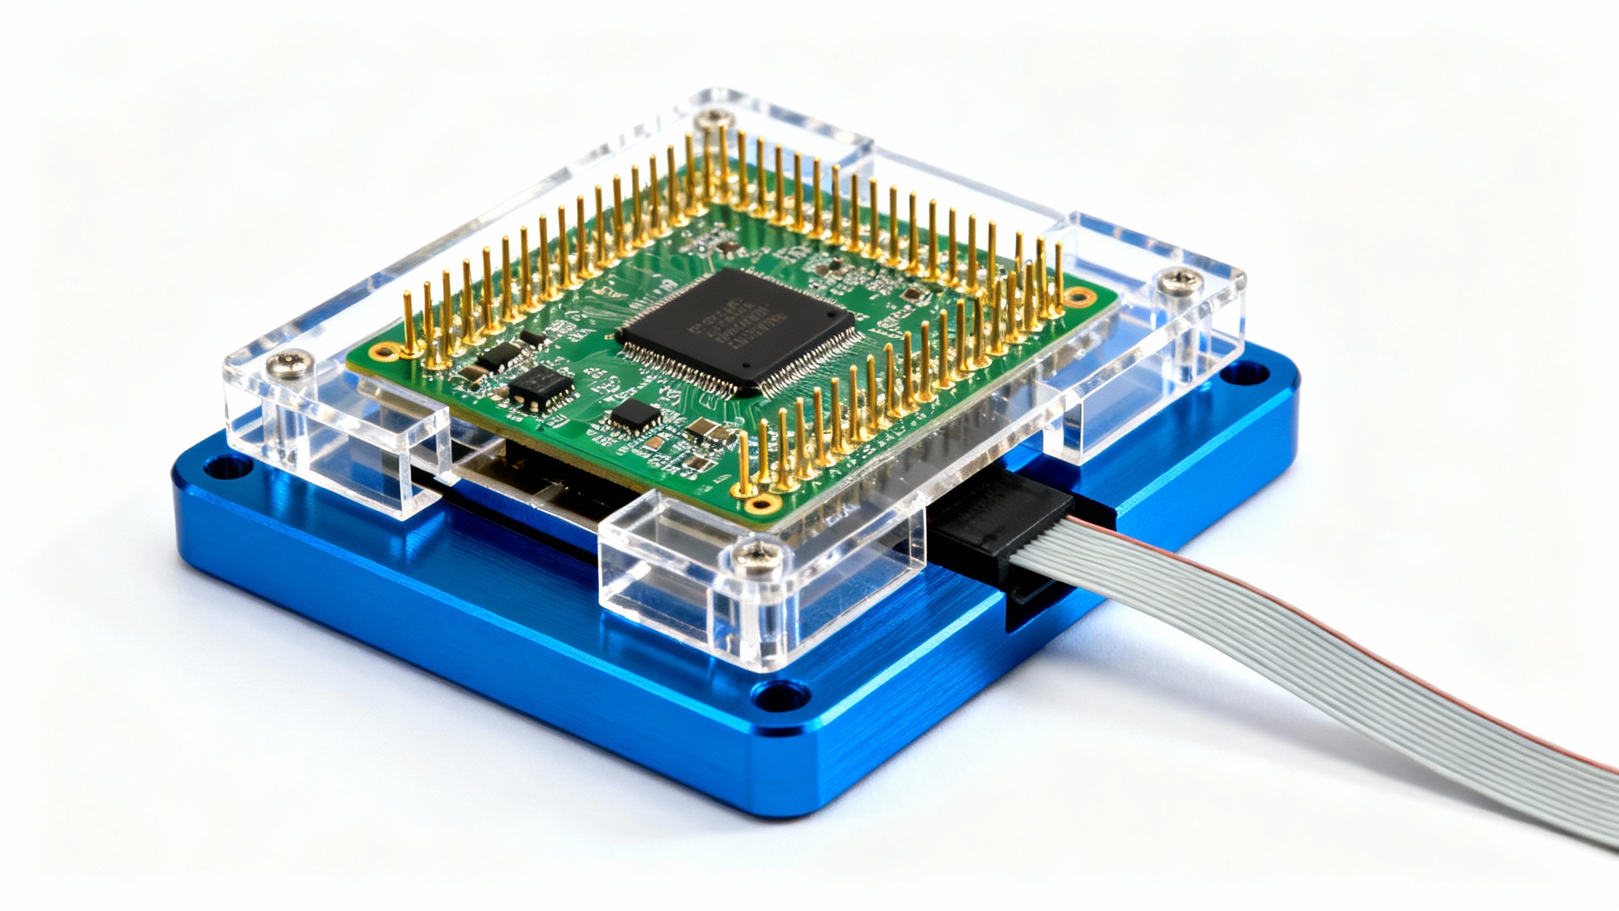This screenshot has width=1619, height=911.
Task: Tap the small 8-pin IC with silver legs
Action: [x=541, y=387]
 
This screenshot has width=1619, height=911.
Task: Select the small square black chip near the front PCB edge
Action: [x=636, y=415]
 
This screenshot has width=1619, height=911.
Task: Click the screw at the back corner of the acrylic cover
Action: [x=715, y=119]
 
